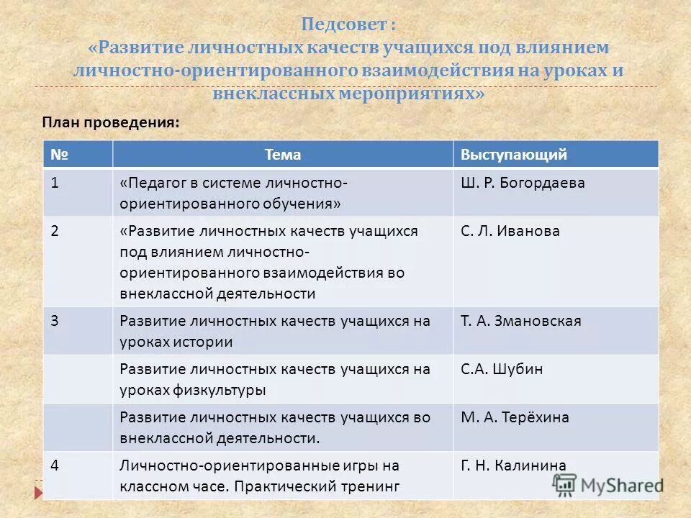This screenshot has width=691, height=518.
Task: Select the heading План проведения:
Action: tap(110, 122)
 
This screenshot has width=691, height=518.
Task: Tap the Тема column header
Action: tap(283, 155)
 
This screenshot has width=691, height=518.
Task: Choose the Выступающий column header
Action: tap(514, 155)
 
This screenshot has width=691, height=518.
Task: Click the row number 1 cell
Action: tap(55, 183)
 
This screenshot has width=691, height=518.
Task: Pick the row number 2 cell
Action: tap(55, 231)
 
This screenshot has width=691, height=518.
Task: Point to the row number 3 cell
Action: tap(55, 321)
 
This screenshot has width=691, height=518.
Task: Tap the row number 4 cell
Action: tap(55, 465)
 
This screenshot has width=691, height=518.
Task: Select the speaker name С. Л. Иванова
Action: tap(510, 231)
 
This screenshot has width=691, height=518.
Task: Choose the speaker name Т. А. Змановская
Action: tap(520, 321)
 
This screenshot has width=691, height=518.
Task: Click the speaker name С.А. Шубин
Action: tap(502, 369)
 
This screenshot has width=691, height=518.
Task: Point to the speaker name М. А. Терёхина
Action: tap(515, 417)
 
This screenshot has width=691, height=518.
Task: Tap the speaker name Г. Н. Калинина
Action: tap(513, 465)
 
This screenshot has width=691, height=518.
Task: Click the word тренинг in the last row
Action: tap(371, 486)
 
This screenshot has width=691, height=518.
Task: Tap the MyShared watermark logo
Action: tap(609, 485)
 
